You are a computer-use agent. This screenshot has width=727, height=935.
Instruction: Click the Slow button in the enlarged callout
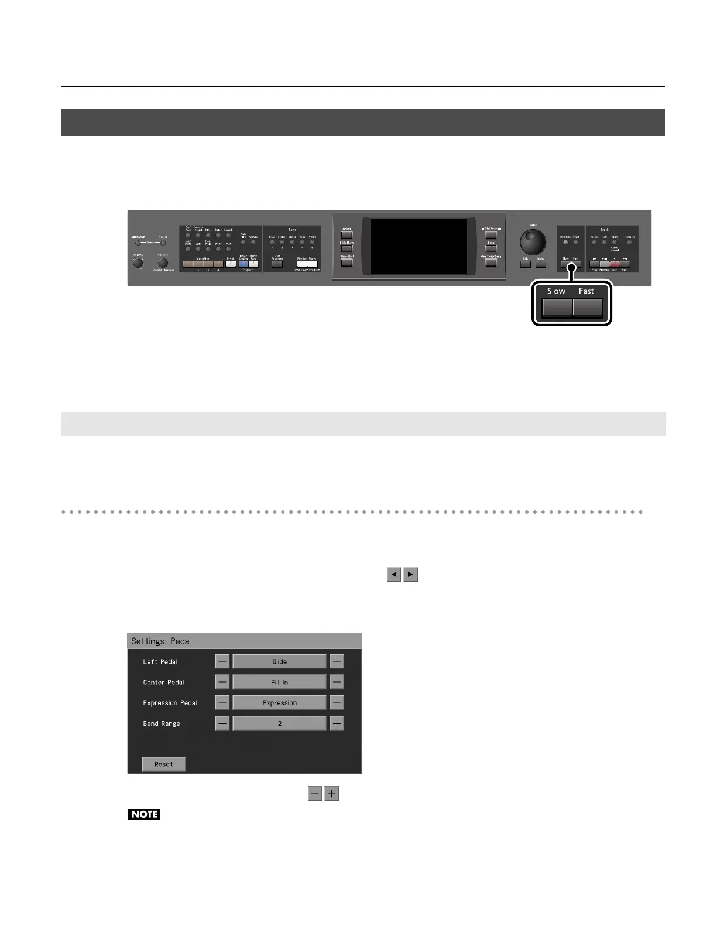(x=557, y=308)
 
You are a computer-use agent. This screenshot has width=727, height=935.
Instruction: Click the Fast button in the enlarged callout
(x=587, y=308)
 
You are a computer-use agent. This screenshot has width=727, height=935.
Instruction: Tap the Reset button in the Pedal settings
(x=163, y=764)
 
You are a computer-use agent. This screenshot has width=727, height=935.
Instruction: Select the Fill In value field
(x=279, y=682)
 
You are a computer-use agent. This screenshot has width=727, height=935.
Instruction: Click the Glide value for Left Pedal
(x=279, y=661)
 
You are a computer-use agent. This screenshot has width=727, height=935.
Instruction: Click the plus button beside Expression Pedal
(x=337, y=702)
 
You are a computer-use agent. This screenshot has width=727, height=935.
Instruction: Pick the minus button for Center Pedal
(x=222, y=682)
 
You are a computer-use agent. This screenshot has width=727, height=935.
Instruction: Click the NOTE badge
(x=144, y=814)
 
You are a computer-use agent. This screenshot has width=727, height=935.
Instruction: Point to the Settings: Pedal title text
(x=161, y=641)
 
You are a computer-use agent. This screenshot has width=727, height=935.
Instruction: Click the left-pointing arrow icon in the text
(x=394, y=575)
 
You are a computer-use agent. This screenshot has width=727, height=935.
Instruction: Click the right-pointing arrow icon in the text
(x=411, y=575)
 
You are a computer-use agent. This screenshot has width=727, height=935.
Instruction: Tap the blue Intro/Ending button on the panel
(x=243, y=264)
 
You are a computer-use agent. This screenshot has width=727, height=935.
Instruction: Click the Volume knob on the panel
(x=138, y=263)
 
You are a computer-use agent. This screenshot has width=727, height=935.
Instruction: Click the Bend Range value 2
(x=279, y=724)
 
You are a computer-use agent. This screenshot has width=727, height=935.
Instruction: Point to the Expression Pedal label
(x=170, y=703)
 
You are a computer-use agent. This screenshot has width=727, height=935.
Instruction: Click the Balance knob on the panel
(x=163, y=263)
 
